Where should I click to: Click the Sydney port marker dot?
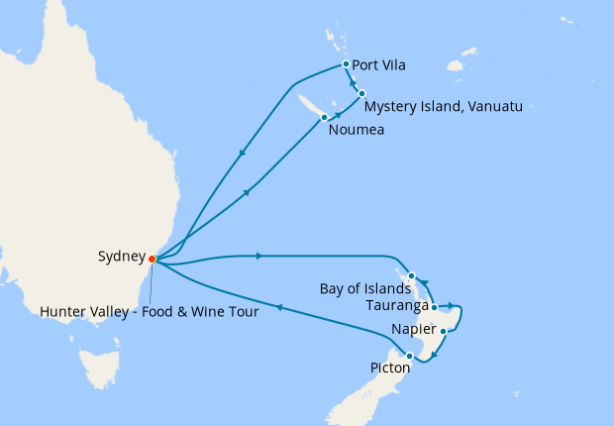click(152, 260)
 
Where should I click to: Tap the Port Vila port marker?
click(345, 64)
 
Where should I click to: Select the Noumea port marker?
click(324, 118)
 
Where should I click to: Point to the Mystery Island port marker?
click(362, 93)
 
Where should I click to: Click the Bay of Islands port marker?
click(410, 275)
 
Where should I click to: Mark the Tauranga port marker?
click(434, 307)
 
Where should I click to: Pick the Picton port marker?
click(409, 355)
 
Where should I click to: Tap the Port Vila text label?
click(380, 66)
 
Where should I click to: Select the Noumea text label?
click(356, 129)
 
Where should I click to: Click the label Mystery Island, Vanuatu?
click(443, 106)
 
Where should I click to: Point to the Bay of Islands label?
click(364, 289)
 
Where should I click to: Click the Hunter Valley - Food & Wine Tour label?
click(150, 312)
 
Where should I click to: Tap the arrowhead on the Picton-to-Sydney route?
click(279, 308)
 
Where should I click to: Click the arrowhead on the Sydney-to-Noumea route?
click(245, 191)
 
